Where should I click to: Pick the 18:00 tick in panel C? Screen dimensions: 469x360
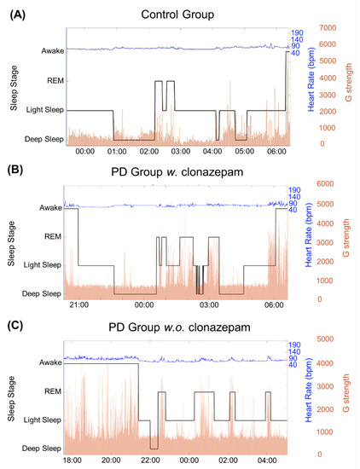coord(75,460)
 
